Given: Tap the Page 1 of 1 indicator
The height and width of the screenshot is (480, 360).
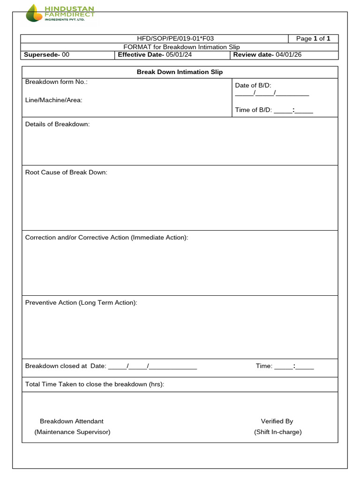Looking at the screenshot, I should pos(313,38).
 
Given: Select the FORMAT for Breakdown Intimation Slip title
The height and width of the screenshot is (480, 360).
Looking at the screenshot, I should pos(181,47).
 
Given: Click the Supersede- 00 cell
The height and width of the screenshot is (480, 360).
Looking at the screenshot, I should pos(47,55).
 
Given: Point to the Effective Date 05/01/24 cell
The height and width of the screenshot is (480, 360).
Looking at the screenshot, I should pos(155,55).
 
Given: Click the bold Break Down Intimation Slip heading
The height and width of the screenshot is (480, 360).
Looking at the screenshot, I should pos(180,72).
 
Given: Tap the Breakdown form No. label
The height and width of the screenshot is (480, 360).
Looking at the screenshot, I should pos(56,82).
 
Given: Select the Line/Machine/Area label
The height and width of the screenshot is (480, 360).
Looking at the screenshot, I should pos(53,100).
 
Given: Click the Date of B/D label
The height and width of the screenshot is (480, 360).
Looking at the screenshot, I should pos(253,85).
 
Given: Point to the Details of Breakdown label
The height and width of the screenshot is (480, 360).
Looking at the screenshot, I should pos(57,124).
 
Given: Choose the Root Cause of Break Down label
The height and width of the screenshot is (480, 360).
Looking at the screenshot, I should pos(66,172).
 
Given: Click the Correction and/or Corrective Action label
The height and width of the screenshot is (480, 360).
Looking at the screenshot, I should pos(106,238).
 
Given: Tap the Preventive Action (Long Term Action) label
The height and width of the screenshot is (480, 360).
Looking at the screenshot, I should pos(81,303).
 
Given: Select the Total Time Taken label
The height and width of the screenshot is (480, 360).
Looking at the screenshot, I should pos(95,384).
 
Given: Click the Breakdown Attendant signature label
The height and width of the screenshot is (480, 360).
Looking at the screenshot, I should pos(72,421).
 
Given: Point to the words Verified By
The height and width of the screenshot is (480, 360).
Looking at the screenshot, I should pos(277,421).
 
